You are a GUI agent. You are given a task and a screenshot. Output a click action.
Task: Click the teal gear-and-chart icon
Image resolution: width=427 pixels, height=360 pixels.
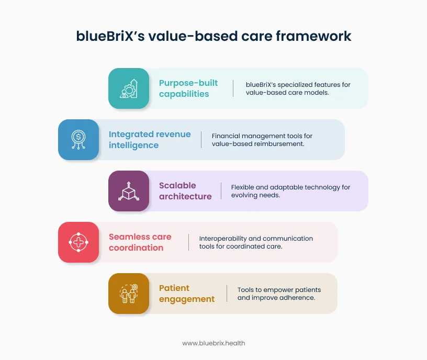(129, 88)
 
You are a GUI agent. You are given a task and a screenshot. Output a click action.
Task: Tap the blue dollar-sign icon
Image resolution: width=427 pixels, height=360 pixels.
(78, 140)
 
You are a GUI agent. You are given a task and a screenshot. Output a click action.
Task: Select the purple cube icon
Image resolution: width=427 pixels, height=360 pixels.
(129, 191)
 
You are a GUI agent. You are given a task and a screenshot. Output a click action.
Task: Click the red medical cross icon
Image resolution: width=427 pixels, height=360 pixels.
(78, 242)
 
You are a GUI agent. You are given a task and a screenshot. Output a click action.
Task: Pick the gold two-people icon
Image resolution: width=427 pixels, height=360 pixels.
(129, 294)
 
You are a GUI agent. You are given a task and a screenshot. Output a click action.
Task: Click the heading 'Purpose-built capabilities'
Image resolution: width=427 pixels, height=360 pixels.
(188, 88)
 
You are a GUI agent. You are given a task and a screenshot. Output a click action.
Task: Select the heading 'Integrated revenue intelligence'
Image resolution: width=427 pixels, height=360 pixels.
(150, 140)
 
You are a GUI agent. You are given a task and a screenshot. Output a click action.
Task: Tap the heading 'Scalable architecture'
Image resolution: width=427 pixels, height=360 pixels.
(185, 191)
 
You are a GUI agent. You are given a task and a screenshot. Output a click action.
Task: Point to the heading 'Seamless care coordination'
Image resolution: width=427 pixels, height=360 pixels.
(140, 242)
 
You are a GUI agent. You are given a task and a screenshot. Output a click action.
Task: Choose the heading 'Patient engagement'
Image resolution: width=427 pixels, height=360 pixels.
(187, 294)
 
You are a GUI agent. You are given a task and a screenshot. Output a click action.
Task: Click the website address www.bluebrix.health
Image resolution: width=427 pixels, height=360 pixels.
(213, 343)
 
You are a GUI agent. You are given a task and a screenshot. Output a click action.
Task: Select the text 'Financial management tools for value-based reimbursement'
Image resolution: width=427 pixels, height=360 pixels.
(262, 140)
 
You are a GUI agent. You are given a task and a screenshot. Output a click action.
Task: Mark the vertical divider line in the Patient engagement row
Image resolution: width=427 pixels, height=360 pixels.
(227, 294)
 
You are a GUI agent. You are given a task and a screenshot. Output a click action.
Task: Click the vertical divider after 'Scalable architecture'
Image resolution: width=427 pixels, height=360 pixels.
(220, 191)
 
